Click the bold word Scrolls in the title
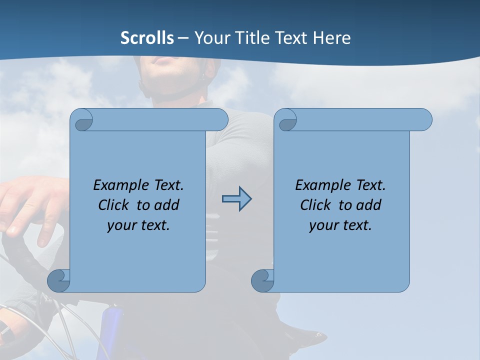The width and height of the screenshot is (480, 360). click(x=147, y=37)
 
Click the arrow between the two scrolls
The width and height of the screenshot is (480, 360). click(x=236, y=199)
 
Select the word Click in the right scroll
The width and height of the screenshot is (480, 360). click(x=316, y=205)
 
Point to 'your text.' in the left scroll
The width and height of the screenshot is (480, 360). click(x=138, y=225)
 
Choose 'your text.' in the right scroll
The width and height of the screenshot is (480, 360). click(x=340, y=225)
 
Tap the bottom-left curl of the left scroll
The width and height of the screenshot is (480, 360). click(x=59, y=281)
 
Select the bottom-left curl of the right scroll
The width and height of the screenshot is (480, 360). click(x=263, y=281)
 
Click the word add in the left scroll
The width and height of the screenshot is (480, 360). click(x=167, y=205)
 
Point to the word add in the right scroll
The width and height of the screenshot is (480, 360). click(x=369, y=205)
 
